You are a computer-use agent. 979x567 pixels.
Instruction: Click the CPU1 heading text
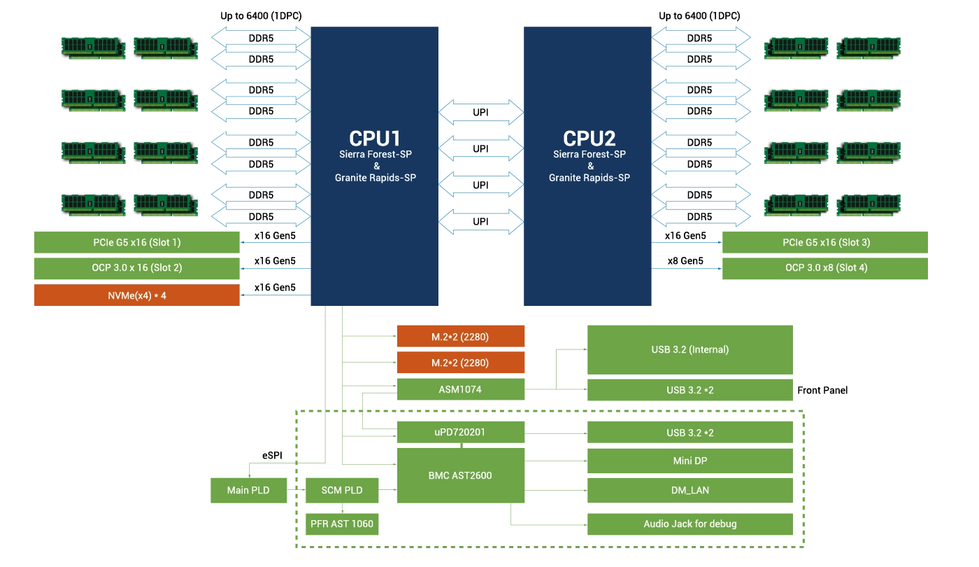click(x=374, y=138)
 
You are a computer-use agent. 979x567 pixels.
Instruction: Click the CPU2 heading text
click(x=589, y=138)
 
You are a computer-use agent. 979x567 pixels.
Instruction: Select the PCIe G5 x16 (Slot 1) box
click(x=137, y=242)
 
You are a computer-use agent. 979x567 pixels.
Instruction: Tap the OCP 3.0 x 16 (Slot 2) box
click(x=137, y=267)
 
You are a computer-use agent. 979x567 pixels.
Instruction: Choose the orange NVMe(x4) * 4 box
click(x=137, y=295)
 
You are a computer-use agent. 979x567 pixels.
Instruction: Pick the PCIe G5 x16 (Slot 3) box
click(x=825, y=242)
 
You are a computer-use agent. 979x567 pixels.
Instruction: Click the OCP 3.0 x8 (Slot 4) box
click(x=825, y=267)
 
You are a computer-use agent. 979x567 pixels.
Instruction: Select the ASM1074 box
click(x=461, y=389)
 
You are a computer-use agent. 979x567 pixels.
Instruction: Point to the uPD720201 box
click(x=461, y=432)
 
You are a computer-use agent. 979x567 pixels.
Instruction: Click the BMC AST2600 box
click(x=461, y=475)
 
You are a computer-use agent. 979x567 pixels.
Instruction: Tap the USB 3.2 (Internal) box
click(x=690, y=349)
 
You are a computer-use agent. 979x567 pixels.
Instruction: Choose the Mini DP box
click(x=690, y=461)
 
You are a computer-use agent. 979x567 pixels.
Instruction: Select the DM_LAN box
click(x=690, y=490)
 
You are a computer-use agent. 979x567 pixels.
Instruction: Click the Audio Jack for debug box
click(x=690, y=524)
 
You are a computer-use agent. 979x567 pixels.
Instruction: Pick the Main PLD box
click(x=248, y=490)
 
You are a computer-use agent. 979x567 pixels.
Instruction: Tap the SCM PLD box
click(x=342, y=490)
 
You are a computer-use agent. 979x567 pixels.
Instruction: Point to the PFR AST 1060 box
click(x=342, y=524)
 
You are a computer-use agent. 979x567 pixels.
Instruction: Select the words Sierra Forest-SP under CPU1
click(x=374, y=154)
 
